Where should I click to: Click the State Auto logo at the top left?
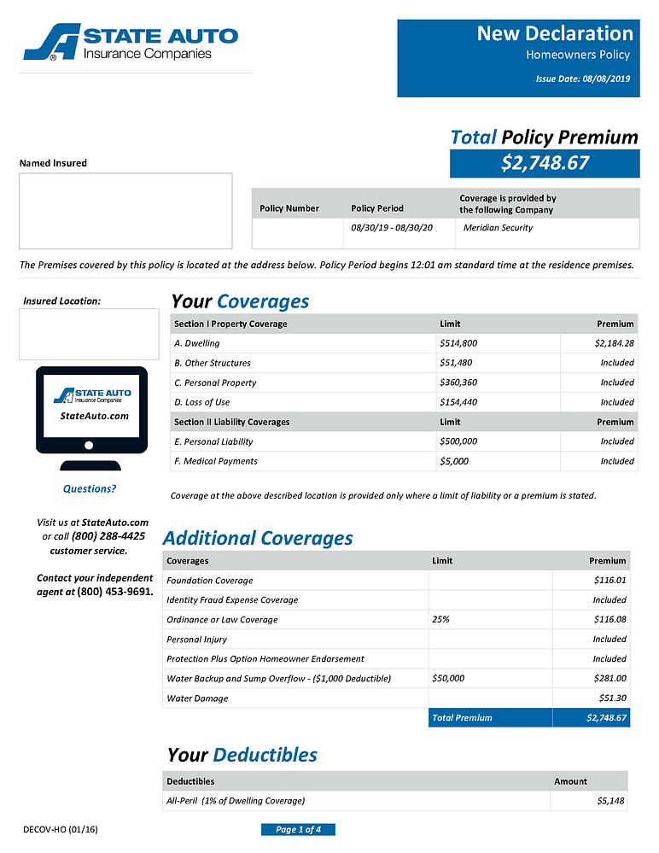click(131, 42)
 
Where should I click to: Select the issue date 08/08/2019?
click(605, 79)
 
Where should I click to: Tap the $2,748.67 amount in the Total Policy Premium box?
click(545, 163)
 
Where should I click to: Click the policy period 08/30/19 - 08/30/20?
click(393, 228)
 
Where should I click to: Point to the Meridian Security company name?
click(498, 228)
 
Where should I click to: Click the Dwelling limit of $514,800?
click(458, 343)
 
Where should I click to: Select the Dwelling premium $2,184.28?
click(614, 343)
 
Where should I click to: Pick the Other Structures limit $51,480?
click(455, 363)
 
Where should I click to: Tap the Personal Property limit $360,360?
click(458, 383)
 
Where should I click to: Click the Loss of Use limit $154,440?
click(458, 402)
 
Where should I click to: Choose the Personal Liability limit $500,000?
click(458, 441)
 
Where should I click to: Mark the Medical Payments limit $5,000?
click(453, 461)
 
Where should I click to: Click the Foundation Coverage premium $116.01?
click(609, 581)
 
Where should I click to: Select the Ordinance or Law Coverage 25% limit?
click(440, 620)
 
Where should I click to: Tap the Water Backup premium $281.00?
click(609, 679)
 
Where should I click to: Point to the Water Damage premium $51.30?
click(612, 698)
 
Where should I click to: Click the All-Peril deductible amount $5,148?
click(612, 801)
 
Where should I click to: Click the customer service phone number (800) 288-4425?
click(108, 536)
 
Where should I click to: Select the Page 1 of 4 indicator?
click(298, 830)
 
